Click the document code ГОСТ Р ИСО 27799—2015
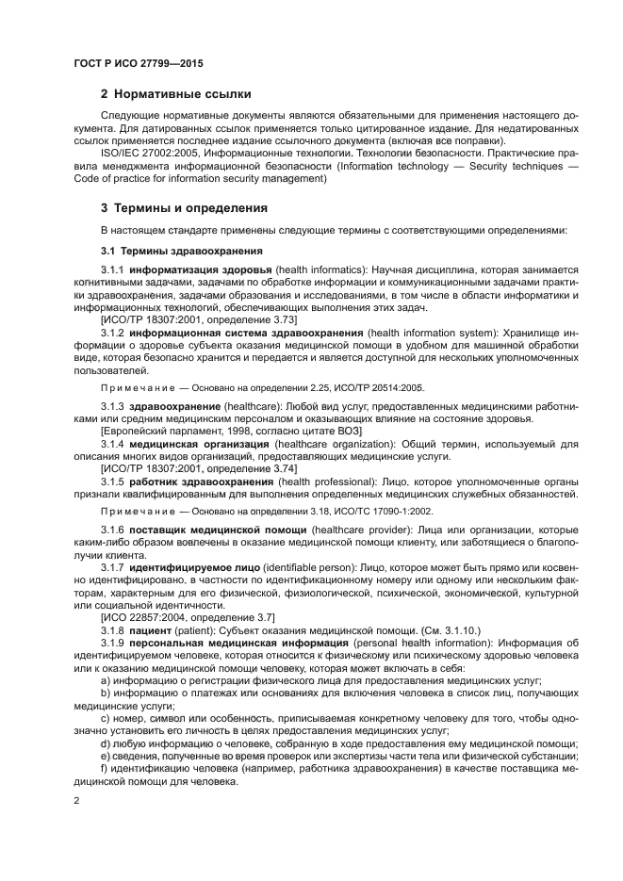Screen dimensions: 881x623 [139, 63]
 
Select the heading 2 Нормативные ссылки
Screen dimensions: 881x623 [176, 93]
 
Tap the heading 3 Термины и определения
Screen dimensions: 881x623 [184, 207]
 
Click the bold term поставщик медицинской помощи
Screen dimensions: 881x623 [218, 530]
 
